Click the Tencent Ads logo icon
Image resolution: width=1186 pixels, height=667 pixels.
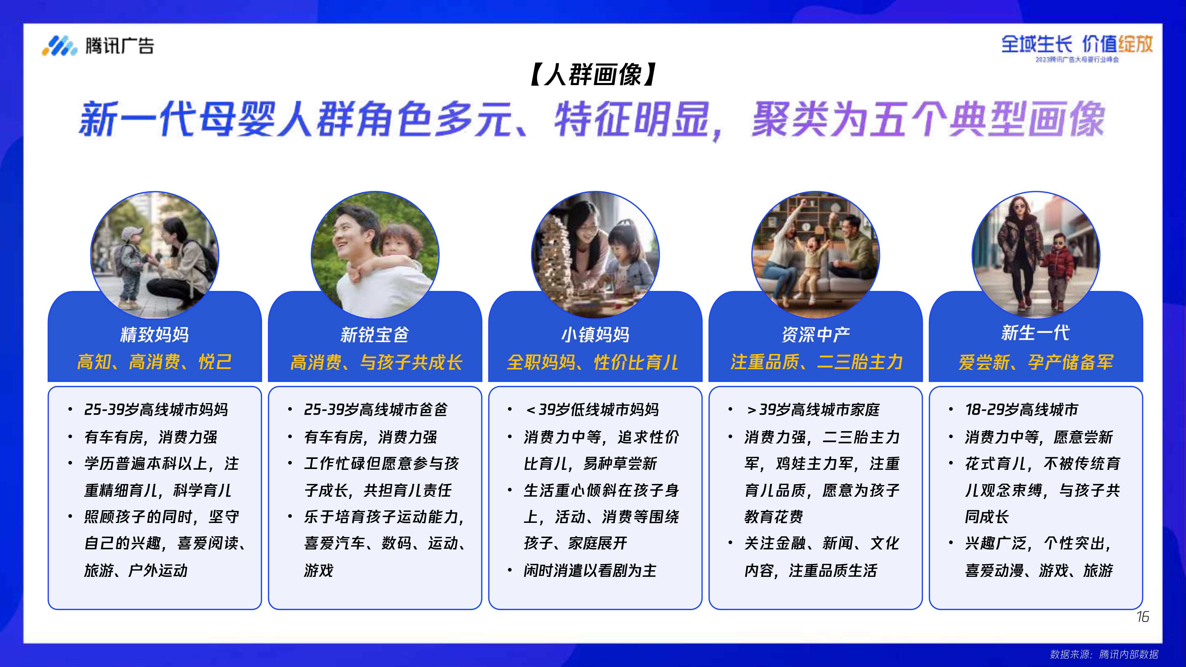[x=59, y=46]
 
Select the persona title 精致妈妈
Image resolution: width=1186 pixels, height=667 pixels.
[x=155, y=335]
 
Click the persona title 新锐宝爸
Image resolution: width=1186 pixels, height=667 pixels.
[x=375, y=335]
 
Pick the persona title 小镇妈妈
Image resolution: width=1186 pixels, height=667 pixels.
[x=595, y=335]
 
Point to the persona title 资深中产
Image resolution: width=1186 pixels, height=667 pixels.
[x=815, y=335]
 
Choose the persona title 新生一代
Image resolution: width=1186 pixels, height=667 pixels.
[x=1035, y=333]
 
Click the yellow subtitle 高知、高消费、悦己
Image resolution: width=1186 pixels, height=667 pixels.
[x=155, y=362]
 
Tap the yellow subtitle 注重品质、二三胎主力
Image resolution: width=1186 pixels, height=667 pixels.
[x=816, y=362]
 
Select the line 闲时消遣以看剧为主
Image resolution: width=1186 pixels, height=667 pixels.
[x=590, y=571]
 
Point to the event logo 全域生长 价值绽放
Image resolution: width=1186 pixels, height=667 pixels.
[x=1077, y=45]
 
